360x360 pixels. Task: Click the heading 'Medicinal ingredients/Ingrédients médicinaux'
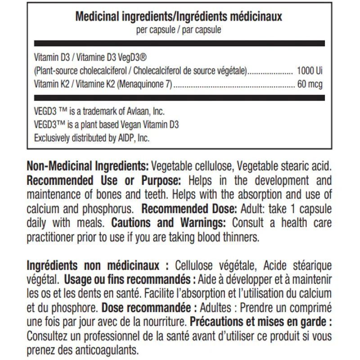coord(179,17)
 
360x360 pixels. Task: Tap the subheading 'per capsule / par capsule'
coord(179,30)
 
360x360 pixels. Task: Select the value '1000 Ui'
coord(310,71)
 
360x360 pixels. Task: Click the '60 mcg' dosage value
coord(310,84)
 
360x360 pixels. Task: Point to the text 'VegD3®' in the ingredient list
coord(135,58)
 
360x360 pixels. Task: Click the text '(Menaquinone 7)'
coord(145,84)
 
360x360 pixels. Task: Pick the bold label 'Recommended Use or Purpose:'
coord(104,181)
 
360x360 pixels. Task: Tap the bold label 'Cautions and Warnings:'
coord(171,223)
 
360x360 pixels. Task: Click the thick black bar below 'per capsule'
coord(179,44)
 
